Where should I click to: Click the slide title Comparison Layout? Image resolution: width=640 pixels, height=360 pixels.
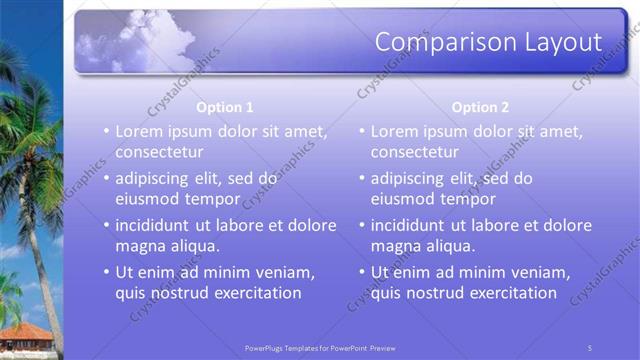pyautogui.click(x=488, y=42)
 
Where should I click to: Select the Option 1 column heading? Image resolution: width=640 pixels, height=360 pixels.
pyautogui.click(x=225, y=107)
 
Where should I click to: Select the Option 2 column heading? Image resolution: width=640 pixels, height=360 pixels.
pyautogui.click(x=480, y=107)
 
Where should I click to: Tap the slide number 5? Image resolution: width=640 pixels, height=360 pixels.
pyautogui.click(x=590, y=348)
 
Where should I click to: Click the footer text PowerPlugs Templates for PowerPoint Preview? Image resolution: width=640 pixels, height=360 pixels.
pyautogui.click(x=320, y=348)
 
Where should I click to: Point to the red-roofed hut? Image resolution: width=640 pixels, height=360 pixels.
pyautogui.click(x=25, y=335)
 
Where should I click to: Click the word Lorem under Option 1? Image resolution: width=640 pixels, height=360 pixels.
pyautogui.click(x=140, y=131)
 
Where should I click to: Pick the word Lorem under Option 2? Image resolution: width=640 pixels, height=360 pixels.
pyautogui.click(x=396, y=131)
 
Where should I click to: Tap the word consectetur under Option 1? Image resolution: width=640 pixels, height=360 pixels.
pyautogui.click(x=160, y=153)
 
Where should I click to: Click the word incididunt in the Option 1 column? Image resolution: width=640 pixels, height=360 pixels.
pyautogui.click(x=156, y=225)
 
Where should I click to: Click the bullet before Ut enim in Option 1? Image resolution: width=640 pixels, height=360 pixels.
pyautogui.click(x=107, y=272)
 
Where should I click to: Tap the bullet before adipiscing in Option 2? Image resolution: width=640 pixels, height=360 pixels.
pyautogui.click(x=362, y=179)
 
